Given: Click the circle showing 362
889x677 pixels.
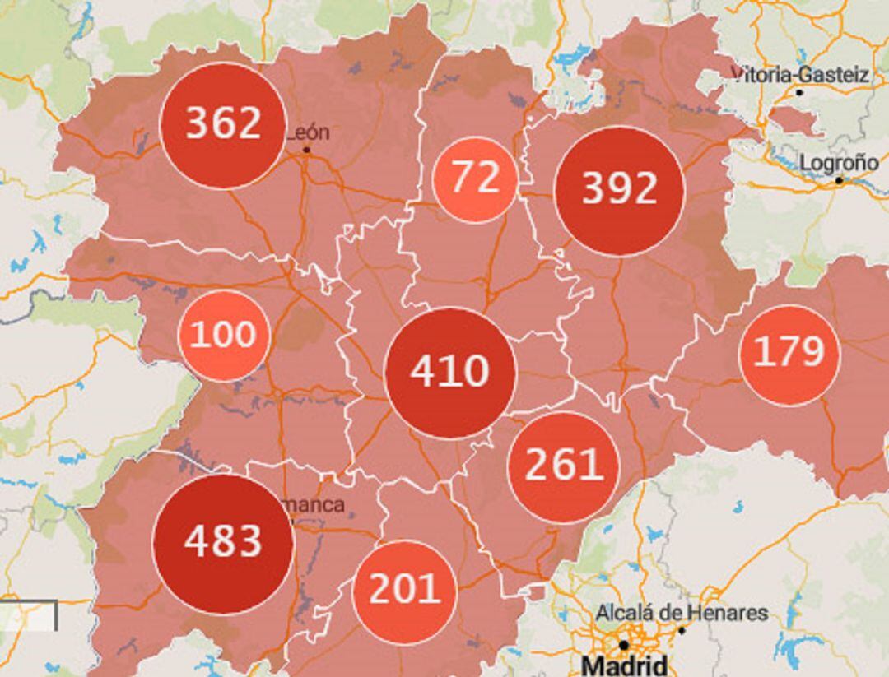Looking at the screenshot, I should [223, 125].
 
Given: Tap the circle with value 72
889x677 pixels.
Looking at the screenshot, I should [475, 179].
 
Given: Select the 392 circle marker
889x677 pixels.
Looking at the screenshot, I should [619, 190].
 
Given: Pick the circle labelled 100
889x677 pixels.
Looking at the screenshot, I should [223, 335].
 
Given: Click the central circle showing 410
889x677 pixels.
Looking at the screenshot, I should [450, 373].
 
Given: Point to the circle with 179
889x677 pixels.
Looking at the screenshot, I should [789, 355].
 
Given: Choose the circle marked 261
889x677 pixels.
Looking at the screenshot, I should [564, 466].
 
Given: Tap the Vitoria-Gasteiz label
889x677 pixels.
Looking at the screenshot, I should [800, 75].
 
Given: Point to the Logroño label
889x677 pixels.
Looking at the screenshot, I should [839, 162].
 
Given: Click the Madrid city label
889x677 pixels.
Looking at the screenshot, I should [623, 665].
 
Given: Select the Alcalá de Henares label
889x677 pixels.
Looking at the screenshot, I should [682, 613].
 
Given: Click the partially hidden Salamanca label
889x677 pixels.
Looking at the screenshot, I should [319, 504].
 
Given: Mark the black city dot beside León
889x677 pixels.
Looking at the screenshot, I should [306, 150].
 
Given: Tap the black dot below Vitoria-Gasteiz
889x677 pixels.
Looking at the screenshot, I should [799, 92].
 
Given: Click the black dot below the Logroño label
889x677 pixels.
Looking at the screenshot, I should [839, 180].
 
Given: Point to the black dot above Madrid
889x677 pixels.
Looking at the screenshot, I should [624, 645].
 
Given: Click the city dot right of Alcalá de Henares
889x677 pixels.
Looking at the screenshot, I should [682, 630].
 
